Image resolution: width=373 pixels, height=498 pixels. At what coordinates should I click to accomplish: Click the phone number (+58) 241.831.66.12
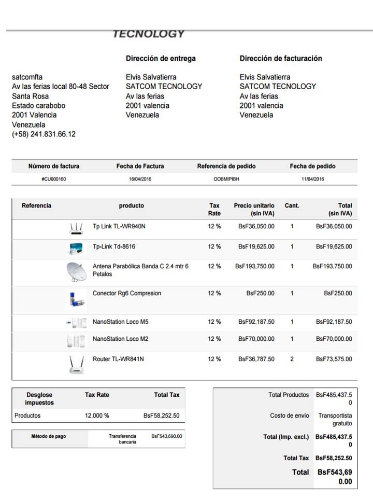(44, 134)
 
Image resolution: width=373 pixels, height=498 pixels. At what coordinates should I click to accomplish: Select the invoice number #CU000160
(54, 179)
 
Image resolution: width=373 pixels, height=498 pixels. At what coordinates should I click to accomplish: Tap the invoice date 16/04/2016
(140, 179)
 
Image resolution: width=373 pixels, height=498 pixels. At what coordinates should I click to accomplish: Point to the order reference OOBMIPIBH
(226, 179)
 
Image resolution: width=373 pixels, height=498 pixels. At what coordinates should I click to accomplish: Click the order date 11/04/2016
(312, 179)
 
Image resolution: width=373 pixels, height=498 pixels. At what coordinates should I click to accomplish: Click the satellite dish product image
(77, 272)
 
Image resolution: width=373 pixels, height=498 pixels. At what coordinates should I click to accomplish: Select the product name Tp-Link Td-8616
(114, 246)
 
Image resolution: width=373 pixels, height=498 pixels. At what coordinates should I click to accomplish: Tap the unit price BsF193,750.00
(255, 266)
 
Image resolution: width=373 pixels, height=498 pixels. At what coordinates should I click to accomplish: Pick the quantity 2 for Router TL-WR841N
(292, 359)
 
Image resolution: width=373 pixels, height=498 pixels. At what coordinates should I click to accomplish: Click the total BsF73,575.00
(334, 359)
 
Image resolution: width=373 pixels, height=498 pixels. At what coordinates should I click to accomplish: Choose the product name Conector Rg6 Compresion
(127, 293)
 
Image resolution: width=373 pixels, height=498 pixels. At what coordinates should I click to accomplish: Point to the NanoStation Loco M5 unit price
(256, 322)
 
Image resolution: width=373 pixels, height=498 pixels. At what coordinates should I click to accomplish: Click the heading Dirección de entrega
(161, 58)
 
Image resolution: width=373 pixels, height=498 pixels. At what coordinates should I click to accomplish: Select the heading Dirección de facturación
(281, 58)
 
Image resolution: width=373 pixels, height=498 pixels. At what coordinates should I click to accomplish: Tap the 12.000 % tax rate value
(97, 416)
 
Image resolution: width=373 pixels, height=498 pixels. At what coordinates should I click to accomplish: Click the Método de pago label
(49, 436)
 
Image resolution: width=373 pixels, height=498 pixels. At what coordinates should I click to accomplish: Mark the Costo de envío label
(289, 416)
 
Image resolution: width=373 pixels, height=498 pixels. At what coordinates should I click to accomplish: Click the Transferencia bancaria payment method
(123, 439)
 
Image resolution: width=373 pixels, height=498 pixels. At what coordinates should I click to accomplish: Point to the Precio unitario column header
(254, 209)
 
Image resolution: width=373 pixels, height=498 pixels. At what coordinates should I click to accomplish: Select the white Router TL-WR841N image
(76, 365)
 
